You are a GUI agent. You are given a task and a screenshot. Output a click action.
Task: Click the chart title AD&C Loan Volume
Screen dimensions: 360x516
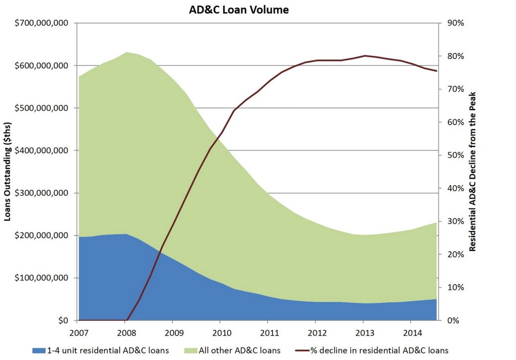click(x=239, y=10)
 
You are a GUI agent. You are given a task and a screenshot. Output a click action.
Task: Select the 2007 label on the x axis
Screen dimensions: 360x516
click(x=78, y=332)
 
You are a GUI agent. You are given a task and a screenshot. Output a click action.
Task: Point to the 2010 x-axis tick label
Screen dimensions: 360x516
click(x=220, y=332)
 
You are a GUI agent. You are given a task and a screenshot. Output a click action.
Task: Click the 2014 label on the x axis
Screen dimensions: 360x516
click(x=411, y=332)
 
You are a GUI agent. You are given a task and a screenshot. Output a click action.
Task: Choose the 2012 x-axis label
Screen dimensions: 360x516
click(x=315, y=332)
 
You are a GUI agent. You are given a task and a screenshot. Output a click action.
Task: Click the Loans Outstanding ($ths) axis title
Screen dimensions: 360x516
click(x=8, y=171)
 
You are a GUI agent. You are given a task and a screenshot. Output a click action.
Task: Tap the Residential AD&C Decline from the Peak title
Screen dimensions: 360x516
click(x=473, y=171)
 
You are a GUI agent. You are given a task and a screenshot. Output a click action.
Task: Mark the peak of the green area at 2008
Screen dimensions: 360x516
click(x=126, y=52)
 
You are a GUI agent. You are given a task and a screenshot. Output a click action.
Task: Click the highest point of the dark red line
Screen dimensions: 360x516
click(x=364, y=55)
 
